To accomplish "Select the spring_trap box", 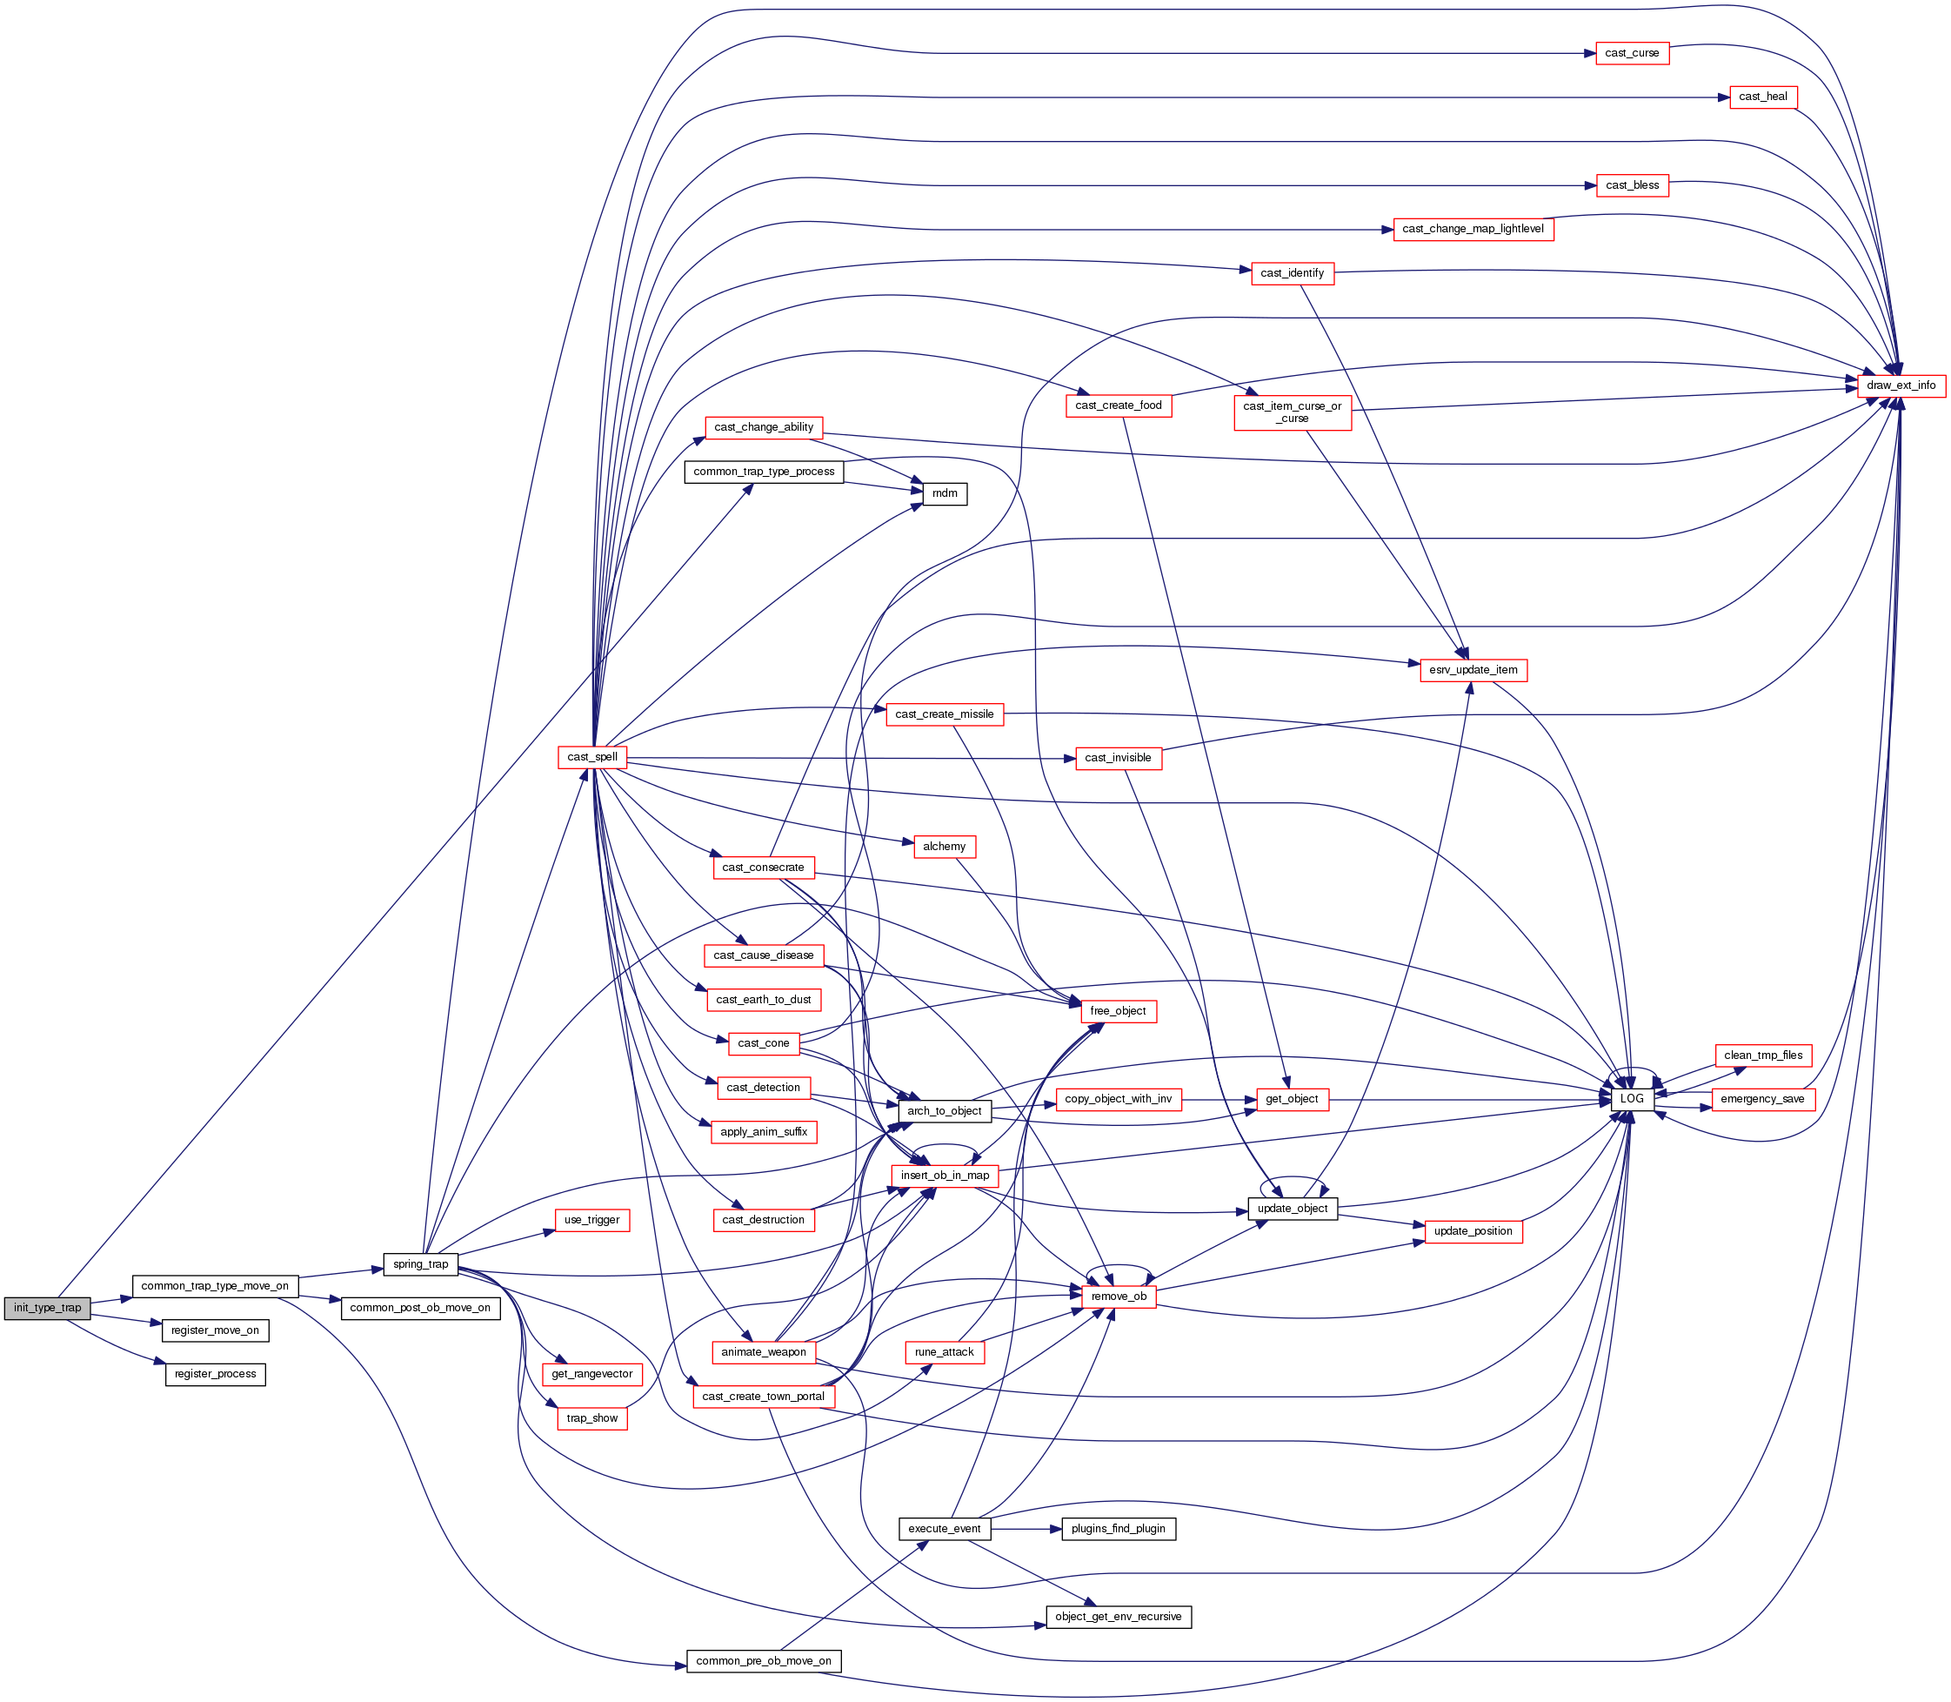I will pos(421,1264).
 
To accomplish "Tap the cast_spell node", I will pos(592,757).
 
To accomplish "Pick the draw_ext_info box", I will pos(1901,385).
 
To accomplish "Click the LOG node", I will pos(1632,1099).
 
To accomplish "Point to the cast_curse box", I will pos(1631,53).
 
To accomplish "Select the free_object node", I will pos(1118,1010).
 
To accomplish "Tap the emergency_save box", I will pos(1762,1099).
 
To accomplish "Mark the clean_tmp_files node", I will pos(1763,1055).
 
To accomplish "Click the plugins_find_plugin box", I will pos(1118,1529).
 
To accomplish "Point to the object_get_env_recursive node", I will pos(1118,1617).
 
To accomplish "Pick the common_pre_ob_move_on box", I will pos(764,1661).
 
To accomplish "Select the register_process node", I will pos(216,1374).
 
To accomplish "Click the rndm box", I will pos(945,494).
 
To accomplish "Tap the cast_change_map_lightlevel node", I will pos(1473,229).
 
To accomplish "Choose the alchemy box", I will pos(944,847).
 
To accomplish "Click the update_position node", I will pos(1473,1231).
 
